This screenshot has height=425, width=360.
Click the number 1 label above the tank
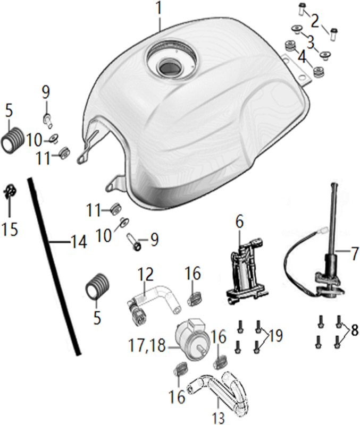[159, 8]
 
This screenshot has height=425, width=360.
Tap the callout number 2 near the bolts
[315, 21]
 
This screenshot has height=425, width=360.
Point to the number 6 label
[239, 222]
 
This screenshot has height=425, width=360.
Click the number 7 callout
[354, 253]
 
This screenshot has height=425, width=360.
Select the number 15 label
[10, 229]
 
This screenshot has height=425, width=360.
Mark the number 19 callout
[274, 335]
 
